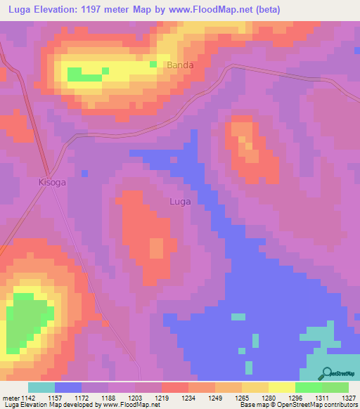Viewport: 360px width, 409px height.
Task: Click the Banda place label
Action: point(179,65)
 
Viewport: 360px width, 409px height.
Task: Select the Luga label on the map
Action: point(180,202)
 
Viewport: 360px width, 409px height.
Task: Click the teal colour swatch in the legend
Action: point(41,387)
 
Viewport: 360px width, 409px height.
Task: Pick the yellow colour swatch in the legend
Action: point(281,387)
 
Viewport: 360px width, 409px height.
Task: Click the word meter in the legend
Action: point(10,398)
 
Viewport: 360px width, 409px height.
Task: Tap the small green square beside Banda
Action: point(153,65)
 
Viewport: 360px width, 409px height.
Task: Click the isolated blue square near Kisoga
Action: point(84,173)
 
